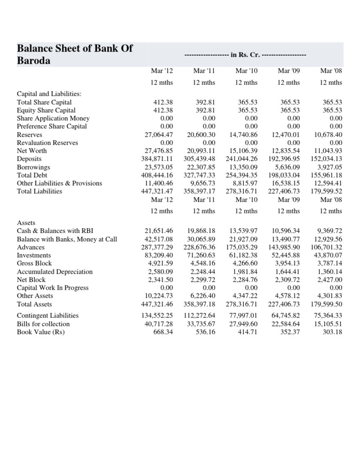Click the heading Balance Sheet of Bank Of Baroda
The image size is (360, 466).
tap(75, 54)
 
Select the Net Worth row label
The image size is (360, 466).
tap(32, 150)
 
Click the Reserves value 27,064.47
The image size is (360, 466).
tap(157, 135)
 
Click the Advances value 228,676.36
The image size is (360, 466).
tap(199, 247)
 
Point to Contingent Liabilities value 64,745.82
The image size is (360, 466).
tap(285, 316)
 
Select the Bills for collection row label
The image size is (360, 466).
tap(43, 324)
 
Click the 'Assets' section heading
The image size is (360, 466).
tap(26, 223)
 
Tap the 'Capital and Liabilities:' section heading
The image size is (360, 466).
tap(49, 94)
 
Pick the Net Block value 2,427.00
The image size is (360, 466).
tap(330, 279)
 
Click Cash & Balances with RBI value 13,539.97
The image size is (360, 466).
tap(243, 231)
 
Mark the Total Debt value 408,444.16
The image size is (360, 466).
tap(157, 175)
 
